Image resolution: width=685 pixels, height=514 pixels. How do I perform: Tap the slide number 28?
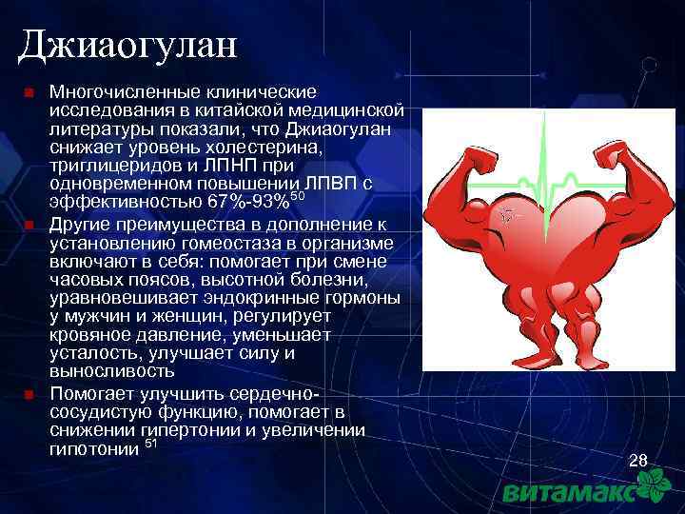coord(638,462)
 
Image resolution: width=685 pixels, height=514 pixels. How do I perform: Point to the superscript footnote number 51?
coord(150,444)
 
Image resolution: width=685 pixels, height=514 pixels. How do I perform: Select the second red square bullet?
coord(29,226)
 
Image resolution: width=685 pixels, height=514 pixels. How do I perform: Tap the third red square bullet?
coord(29,392)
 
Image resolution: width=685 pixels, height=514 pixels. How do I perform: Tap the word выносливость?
coord(107,371)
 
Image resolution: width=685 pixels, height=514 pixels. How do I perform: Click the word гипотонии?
coord(92,448)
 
